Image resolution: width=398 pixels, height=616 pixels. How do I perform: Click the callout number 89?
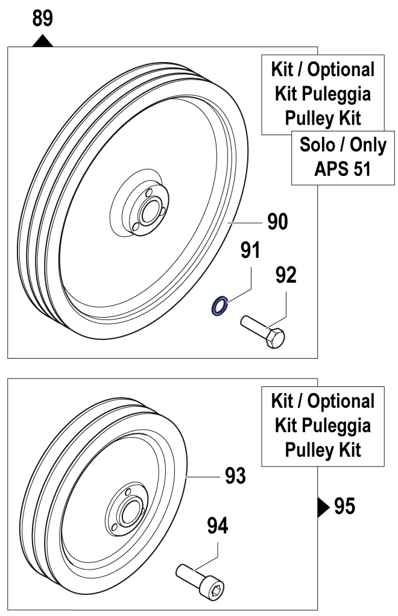tap(42, 19)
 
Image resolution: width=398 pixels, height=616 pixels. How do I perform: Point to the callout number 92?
tap(286, 275)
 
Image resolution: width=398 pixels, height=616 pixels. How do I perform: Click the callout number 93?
tap(236, 476)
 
